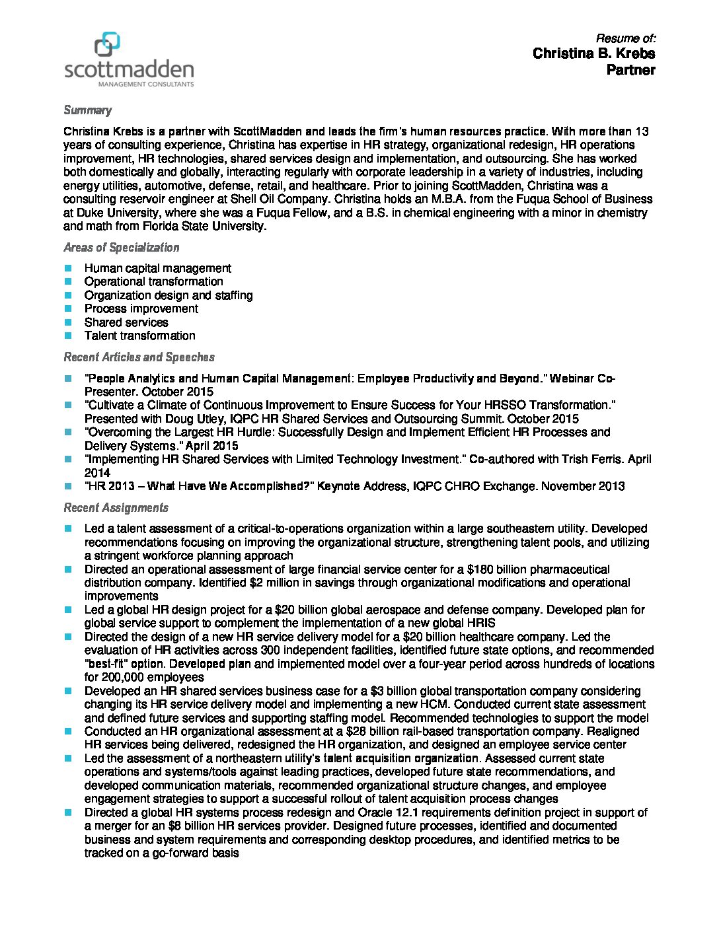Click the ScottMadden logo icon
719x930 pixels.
point(107,45)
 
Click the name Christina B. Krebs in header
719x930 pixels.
point(593,54)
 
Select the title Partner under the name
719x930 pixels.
point(630,70)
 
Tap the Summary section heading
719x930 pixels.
point(87,110)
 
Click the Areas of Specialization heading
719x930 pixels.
point(121,248)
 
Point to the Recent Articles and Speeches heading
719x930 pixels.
point(139,357)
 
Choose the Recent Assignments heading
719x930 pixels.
point(116,508)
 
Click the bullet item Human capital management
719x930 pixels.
point(157,268)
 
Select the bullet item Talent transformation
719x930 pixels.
point(139,336)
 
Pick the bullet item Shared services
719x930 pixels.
point(126,322)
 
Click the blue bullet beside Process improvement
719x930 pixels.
point(68,308)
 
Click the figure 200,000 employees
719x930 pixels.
point(153,677)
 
